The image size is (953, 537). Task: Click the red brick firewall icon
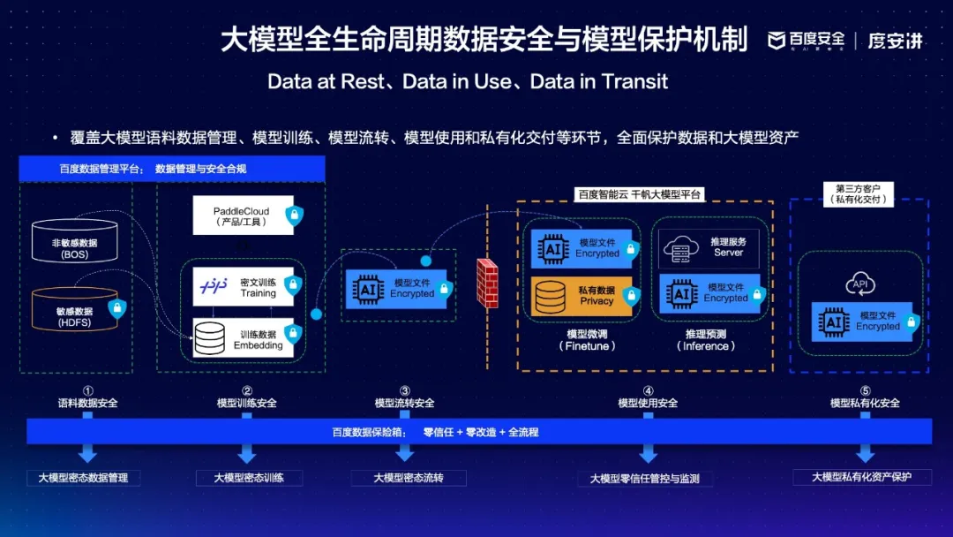click(487, 282)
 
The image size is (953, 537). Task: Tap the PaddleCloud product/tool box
click(241, 216)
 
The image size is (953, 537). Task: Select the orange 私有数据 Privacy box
click(582, 296)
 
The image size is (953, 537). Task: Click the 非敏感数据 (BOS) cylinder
click(74, 241)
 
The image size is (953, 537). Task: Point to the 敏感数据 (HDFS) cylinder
click(74, 310)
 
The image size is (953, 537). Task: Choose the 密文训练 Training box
click(243, 287)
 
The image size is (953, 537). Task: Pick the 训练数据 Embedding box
click(243, 338)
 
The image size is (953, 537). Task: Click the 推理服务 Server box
click(709, 247)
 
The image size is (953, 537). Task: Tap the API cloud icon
click(859, 284)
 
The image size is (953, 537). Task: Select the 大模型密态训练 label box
click(249, 478)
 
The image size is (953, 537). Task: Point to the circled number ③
click(405, 390)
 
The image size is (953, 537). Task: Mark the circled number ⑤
click(865, 390)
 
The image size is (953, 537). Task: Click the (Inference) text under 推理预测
click(706, 346)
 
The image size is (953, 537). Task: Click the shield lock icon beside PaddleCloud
click(294, 215)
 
